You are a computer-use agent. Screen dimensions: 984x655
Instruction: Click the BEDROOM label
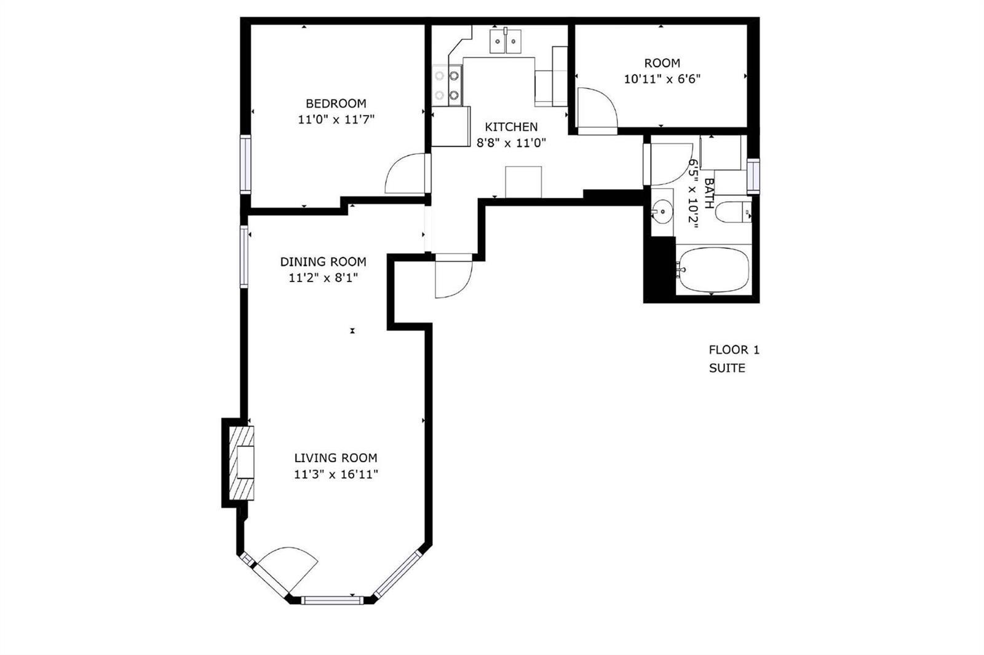pyautogui.click(x=336, y=104)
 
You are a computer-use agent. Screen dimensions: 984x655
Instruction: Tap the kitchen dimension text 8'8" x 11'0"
pyautogui.click(x=511, y=143)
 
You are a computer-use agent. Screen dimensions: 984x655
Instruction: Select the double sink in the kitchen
pyautogui.click(x=506, y=41)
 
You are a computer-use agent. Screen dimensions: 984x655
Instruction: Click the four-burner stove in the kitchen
pyautogui.click(x=447, y=85)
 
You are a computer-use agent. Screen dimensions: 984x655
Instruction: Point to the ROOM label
pyautogui.click(x=662, y=63)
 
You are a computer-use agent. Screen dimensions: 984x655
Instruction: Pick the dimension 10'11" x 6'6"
pyautogui.click(x=662, y=79)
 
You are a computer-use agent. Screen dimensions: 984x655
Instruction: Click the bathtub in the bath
pyautogui.click(x=713, y=270)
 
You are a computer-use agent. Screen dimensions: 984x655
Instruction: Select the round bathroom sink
pyautogui.click(x=662, y=211)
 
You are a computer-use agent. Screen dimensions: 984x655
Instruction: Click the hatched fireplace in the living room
pyautogui.click(x=242, y=463)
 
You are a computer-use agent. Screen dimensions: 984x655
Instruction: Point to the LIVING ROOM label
pyautogui.click(x=336, y=458)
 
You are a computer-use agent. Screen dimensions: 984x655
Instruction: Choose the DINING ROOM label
pyautogui.click(x=323, y=262)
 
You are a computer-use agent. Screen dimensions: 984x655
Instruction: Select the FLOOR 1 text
pyautogui.click(x=734, y=350)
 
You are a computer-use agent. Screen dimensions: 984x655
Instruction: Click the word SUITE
pyautogui.click(x=727, y=368)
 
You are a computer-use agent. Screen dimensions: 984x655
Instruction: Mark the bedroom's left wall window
pyautogui.click(x=245, y=164)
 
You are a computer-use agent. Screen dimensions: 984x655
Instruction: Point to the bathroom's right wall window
pyautogui.click(x=753, y=176)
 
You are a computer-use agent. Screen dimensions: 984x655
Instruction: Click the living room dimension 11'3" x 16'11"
pyautogui.click(x=336, y=474)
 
